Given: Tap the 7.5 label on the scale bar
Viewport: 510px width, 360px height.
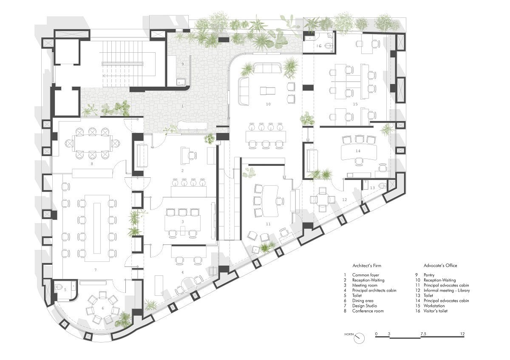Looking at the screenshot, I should click(x=423, y=334).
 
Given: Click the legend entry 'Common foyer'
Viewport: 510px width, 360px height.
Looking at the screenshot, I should click(x=368, y=275).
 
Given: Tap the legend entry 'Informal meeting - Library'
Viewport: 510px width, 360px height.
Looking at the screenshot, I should click(x=447, y=290).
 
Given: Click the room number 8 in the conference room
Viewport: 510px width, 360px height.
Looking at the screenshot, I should click(x=91, y=162).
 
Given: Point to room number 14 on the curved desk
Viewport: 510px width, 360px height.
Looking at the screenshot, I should click(x=358, y=151).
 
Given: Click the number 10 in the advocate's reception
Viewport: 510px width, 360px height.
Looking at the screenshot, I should click(x=268, y=104).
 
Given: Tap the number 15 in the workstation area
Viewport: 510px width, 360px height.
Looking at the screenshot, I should click(x=355, y=104).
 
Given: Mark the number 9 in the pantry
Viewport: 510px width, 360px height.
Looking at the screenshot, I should click(x=182, y=64).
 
